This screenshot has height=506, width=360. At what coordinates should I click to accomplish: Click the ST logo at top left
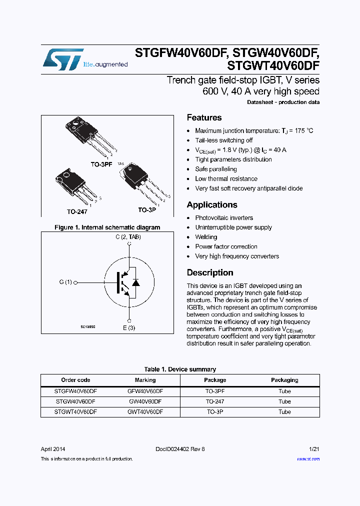[63, 59]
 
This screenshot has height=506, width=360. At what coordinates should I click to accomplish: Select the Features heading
[204, 118]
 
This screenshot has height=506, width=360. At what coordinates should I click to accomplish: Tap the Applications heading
[212, 205]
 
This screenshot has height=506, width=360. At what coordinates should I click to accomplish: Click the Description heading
[210, 273]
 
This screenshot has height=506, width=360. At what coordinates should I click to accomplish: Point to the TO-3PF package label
[101, 164]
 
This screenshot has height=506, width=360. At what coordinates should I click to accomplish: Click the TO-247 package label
[77, 211]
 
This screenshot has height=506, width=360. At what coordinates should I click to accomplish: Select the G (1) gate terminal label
[65, 282]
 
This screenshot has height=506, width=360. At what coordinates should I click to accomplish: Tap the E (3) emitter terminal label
[129, 328]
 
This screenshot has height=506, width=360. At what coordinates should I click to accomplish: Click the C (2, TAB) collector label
[128, 237]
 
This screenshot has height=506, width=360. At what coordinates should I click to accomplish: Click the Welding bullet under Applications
[206, 237]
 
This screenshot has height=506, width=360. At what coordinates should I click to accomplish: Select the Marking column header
[145, 380]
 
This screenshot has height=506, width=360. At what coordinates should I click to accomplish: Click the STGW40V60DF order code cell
[75, 401]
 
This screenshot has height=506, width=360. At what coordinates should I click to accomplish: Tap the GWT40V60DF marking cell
[145, 412]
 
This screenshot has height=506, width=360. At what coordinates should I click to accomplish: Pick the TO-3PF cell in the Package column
[215, 391]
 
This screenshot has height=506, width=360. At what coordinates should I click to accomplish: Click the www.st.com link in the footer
[308, 459]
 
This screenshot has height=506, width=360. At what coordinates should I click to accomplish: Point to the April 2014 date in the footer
[52, 449]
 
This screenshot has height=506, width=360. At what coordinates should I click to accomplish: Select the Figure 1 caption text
[107, 227]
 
